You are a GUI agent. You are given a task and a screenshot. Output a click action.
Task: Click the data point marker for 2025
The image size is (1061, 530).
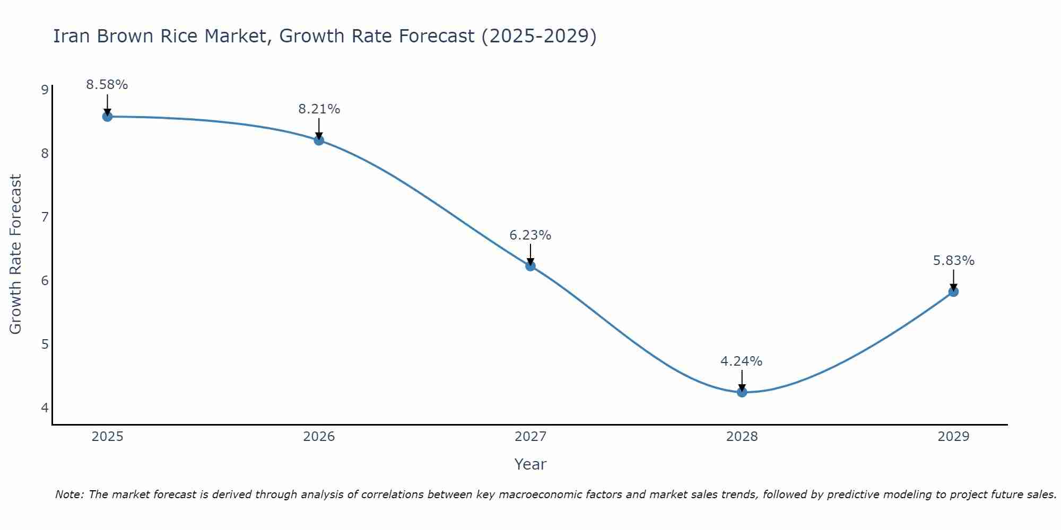107,117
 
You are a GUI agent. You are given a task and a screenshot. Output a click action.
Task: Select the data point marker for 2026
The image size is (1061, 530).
319,140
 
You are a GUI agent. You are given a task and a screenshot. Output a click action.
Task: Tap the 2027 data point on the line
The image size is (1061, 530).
530,266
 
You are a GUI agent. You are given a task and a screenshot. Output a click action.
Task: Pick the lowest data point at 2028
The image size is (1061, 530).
742,392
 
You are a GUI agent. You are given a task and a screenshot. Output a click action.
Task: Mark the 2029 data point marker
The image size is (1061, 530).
953,291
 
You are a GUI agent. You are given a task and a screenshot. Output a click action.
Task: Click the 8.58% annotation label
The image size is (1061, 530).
107,85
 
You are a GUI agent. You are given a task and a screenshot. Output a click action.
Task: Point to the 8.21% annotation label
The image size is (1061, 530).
319,109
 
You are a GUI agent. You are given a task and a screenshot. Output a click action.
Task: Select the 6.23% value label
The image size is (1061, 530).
530,235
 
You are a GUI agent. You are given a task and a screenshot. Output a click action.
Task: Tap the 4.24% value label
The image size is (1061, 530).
742,361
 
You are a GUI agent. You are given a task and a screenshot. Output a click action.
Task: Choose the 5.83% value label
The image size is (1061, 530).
953,261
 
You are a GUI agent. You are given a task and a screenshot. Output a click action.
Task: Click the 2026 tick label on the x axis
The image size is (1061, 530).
319,437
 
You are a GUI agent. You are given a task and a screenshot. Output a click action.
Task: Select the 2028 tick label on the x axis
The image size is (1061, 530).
742,437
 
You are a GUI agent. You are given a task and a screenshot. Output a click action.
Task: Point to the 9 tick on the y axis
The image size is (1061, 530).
45,90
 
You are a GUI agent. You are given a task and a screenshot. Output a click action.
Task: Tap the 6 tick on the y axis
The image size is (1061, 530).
45,280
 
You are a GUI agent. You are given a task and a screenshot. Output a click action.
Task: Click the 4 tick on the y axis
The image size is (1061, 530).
45,408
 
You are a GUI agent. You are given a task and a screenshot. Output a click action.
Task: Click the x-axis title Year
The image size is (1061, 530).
530,464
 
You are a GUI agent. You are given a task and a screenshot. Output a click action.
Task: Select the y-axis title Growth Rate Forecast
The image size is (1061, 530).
16,254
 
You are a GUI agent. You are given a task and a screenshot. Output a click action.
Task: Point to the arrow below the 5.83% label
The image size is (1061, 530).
953,280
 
